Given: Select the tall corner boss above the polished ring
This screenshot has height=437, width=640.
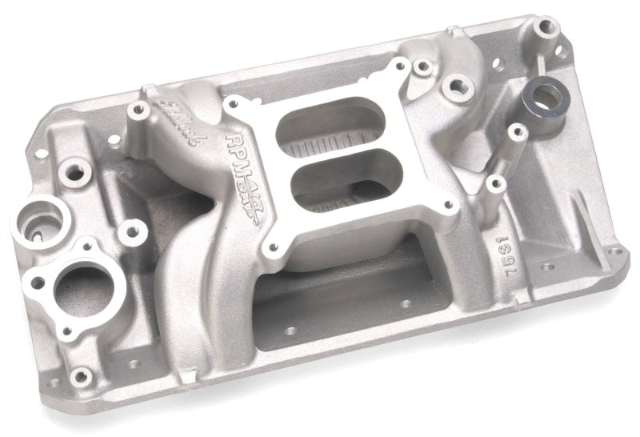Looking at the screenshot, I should [x=546, y=28].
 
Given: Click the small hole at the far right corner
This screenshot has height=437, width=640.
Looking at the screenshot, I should [x=615, y=251].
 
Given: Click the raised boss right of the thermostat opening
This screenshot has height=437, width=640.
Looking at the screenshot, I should [x=131, y=231].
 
